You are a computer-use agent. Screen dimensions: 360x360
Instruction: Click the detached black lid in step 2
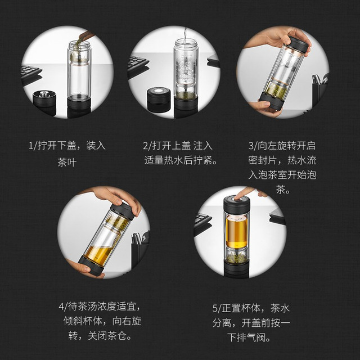click(159, 99)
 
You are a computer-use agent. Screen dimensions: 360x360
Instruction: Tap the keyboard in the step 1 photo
click(31, 73)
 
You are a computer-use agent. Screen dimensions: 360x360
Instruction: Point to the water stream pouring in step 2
click(185, 34)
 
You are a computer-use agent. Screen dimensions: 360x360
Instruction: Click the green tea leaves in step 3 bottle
click(276, 90)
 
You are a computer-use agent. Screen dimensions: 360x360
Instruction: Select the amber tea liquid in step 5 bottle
click(236, 232)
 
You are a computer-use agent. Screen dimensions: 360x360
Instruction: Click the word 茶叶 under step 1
click(67, 163)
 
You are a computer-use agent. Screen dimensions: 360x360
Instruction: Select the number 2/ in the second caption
click(147, 146)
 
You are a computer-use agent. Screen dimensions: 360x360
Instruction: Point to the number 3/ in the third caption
click(253, 146)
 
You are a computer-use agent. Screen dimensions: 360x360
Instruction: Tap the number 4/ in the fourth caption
click(63, 307)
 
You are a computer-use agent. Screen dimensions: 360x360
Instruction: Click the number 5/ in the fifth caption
click(217, 308)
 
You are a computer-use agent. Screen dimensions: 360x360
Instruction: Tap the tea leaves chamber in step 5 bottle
click(236, 255)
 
